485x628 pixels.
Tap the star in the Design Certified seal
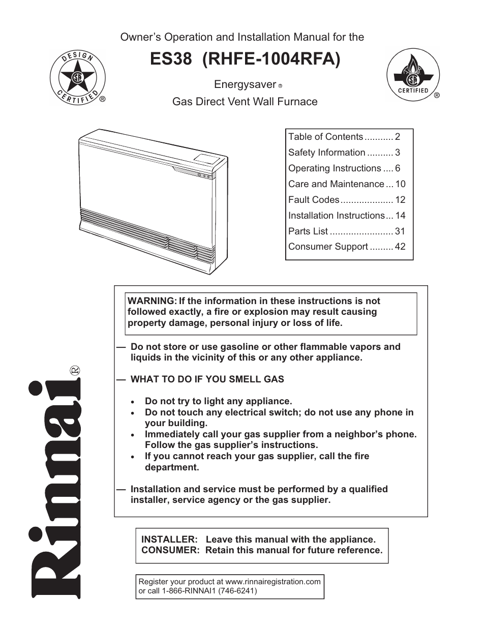[77, 78]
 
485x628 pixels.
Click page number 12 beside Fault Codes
[400, 200]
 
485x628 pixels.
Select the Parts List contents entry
[308, 231]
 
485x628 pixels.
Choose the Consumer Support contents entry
[328, 247]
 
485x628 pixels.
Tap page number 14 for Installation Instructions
[400, 216]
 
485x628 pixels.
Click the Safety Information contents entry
[326, 153]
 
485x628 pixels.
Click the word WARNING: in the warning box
[152, 301]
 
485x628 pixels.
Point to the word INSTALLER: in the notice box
[169, 540]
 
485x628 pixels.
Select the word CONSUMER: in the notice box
[170, 550]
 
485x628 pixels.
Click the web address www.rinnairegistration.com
[273, 582]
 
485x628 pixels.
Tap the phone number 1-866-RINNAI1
[192, 591]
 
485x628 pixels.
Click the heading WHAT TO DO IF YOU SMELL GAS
[207, 379]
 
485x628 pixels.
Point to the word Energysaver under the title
[245, 84]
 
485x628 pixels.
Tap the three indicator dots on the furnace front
[204, 177]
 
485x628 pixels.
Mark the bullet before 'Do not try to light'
[133, 402]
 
